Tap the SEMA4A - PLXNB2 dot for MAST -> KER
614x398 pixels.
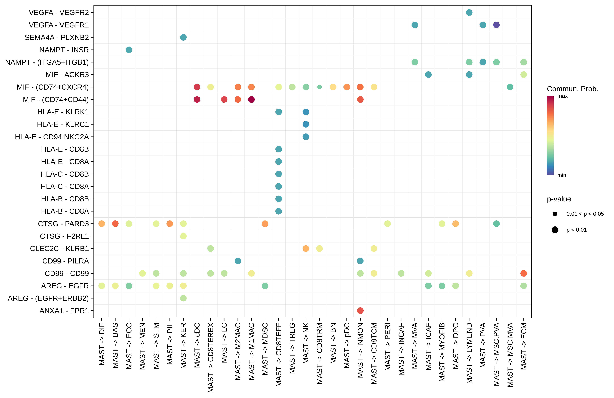click(183, 37)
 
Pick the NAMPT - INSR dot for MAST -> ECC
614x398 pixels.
click(129, 50)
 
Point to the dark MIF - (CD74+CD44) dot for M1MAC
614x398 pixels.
click(251, 99)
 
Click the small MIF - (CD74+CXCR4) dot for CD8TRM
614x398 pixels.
click(319, 87)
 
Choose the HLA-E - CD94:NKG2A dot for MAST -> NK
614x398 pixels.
click(306, 137)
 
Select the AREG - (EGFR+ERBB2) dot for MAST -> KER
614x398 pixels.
click(183, 298)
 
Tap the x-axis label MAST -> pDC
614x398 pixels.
click(347, 345)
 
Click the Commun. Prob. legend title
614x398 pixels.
click(572, 89)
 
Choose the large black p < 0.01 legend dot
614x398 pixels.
click(555, 230)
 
